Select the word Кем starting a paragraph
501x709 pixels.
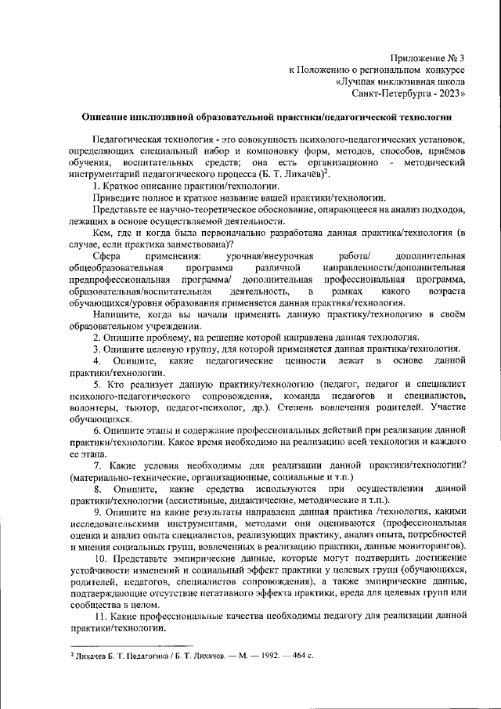(x=102, y=233)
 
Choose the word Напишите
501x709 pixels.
(x=116, y=314)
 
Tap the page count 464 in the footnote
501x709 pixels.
(x=297, y=653)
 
